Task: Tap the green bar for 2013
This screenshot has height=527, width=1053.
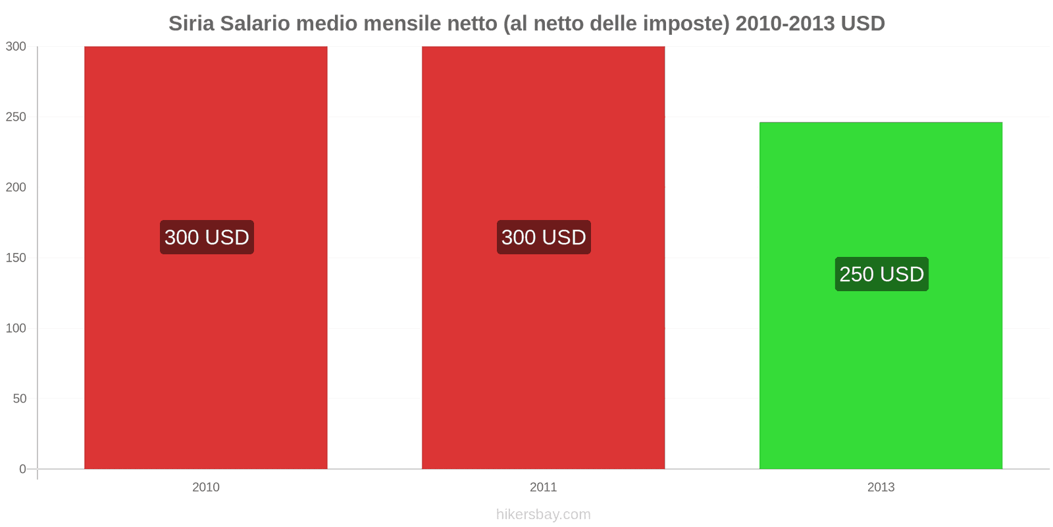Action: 881,369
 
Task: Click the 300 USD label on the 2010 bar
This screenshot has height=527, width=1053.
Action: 207,237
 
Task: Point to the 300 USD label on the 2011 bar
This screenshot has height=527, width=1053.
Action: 544,237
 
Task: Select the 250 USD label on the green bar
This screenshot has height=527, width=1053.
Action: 881,274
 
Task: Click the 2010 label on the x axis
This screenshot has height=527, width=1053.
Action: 205,487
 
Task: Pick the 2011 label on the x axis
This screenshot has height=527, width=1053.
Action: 543,487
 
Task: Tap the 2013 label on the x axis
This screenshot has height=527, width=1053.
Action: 881,487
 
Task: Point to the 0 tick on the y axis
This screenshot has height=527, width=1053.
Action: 22,469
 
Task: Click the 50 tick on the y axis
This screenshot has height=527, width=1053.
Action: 19,399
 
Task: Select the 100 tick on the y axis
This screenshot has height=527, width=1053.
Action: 16,328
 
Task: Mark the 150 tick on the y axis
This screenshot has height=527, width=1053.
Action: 16,258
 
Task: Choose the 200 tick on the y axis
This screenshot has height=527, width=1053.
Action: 16,187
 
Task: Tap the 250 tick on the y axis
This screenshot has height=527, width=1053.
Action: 16,117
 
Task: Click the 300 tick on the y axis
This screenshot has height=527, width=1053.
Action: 16,46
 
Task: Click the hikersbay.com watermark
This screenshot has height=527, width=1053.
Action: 543,514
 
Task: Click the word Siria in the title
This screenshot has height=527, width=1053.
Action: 192,24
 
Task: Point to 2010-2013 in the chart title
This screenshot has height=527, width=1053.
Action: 783,24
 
